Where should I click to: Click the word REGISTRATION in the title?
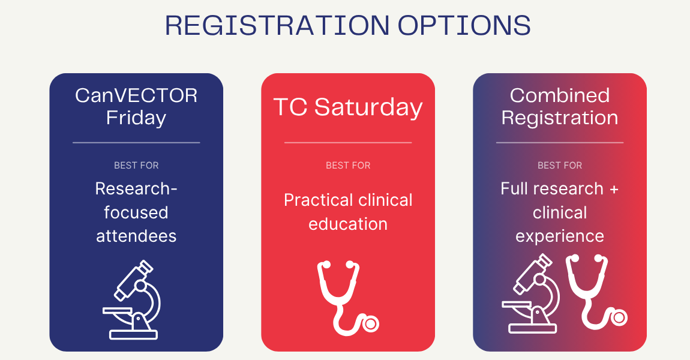tap(277, 26)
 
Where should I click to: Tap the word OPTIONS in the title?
tap(464, 26)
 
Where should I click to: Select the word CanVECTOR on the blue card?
tap(136, 95)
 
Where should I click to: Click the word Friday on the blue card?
tap(136, 118)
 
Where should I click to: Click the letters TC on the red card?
tap(290, 107)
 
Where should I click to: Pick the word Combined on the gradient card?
tap(560, 95)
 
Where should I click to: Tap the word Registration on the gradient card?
tap(560, 118)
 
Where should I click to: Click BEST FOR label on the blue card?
tap(136, 166)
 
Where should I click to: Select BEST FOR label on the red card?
tap(348, 166)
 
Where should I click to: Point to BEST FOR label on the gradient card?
tap(560, 166)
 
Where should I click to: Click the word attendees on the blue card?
tap(136, 236)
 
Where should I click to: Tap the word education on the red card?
tap(348, 224)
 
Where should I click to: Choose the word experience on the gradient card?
tap(560, 237)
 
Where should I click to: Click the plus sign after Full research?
tap(614, 190)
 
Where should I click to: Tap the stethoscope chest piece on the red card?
tap(371, 324)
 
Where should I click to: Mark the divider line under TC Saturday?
tap(348, 143)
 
